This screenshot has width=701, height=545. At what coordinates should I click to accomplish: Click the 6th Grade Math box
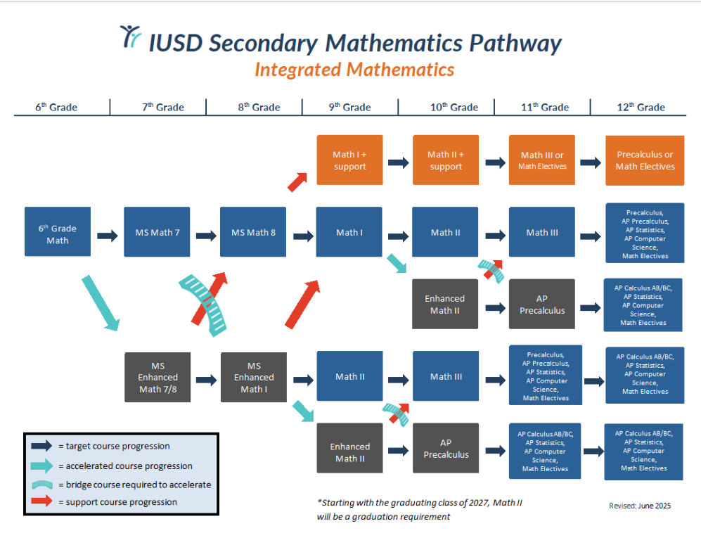(58, 234)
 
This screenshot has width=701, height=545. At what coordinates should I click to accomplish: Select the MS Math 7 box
(157, 233)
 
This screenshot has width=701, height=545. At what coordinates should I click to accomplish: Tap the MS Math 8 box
(253, 233)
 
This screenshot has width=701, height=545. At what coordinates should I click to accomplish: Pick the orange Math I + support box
(349, 160)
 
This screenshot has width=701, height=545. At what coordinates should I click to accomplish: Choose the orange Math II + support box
(446, 160)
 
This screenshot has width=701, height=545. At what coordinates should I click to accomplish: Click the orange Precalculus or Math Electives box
(645, 160)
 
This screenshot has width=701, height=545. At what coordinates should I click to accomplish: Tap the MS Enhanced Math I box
(254, 378)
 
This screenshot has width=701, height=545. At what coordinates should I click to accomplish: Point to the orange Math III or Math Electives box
(542, 160)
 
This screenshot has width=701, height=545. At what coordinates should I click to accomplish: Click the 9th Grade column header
(349, 108)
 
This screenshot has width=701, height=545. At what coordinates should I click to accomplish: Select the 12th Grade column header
(640, 108)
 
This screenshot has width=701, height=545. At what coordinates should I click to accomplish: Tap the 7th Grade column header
(158, 108)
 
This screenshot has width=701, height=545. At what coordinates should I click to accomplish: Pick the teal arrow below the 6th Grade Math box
(100, 303)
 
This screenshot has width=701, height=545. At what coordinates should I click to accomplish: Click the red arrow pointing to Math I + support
(297, 182)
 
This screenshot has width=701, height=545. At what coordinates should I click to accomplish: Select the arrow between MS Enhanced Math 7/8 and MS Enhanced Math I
(206, 380)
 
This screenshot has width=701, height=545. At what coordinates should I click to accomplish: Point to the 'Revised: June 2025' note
(640, 506)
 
